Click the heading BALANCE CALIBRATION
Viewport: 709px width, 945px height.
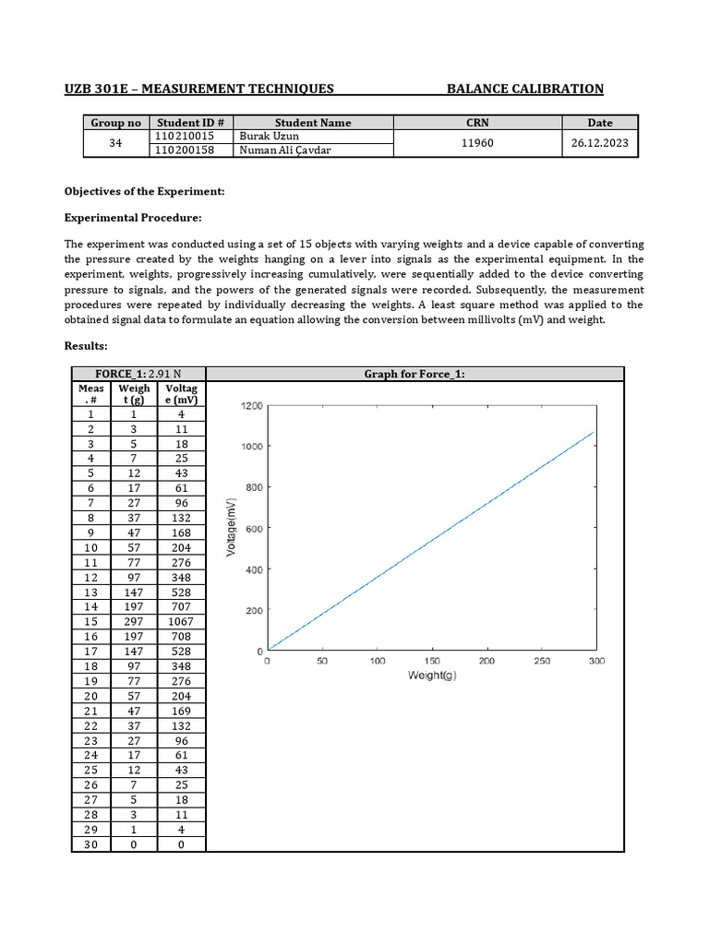tap(524, 89)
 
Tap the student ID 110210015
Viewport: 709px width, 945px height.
tap(184, 136)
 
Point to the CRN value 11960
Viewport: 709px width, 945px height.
tap(477, 143)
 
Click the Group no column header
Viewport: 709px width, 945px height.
tap(115, 122)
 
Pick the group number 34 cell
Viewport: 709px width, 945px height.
tap(115, 143)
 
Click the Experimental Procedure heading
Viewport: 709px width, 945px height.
tap(132, 218)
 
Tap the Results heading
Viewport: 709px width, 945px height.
tap(86, 345)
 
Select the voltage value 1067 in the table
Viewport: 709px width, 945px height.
tap(182, 622)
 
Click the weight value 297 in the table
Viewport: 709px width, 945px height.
tap(136, 622)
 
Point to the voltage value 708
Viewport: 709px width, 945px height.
tap(182, 636)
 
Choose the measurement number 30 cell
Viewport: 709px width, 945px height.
tap(90, 844)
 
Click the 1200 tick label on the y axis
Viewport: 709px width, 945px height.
tap(252, 405)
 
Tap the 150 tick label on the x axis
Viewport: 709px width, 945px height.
tap(432, 661)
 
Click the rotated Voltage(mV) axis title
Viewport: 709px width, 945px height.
tap(231, 528)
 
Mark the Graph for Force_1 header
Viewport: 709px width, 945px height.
tap(415, 373)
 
